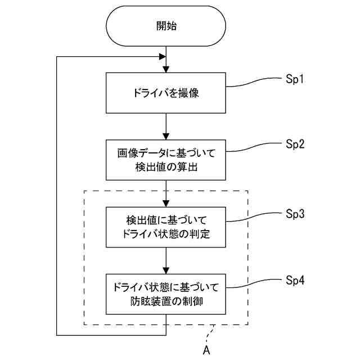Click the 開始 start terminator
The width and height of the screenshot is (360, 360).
(166, 26)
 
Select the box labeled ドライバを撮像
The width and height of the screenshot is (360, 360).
(166, 93)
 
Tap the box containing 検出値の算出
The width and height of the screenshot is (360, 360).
(166, 160)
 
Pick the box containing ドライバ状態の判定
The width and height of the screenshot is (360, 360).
(166, 227)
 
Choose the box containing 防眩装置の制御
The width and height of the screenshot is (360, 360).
(166, 294)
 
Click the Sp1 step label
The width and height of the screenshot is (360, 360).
(295, 80)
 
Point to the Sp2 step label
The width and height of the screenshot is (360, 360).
(295, 145)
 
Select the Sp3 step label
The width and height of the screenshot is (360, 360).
(295, 214)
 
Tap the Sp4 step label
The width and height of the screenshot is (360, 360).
(295, 281)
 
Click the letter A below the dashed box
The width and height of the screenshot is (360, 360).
(206, 350)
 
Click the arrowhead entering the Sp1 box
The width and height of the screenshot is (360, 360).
(166, 70)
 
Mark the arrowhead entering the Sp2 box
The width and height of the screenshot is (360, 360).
(166, 137)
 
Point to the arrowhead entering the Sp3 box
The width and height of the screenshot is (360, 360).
(166, 204)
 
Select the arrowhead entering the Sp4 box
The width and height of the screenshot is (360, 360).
(166, 271)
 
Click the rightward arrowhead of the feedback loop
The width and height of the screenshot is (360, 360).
(163, 56)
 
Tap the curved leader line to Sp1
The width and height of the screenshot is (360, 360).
(254, 83)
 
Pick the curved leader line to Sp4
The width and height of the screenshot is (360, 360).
(254, 283)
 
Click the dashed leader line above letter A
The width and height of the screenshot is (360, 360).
(210, 334)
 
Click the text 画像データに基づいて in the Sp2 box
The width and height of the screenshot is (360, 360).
(166, 153)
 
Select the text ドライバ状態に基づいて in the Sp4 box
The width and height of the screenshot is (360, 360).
(166, 287)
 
